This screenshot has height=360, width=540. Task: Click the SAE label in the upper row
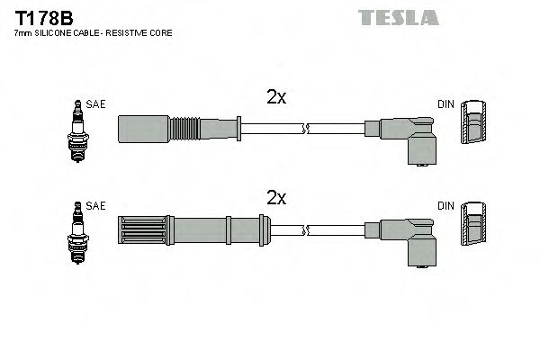click(96, 104)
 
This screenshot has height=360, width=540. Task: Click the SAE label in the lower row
click(96, 206)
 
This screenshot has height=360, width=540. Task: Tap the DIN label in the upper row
click(446, 104)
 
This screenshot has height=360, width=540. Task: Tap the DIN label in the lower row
click(446, 206)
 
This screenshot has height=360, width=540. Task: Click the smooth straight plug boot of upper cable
click(143, 129)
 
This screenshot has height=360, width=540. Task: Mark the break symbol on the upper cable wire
click(307, 130)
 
